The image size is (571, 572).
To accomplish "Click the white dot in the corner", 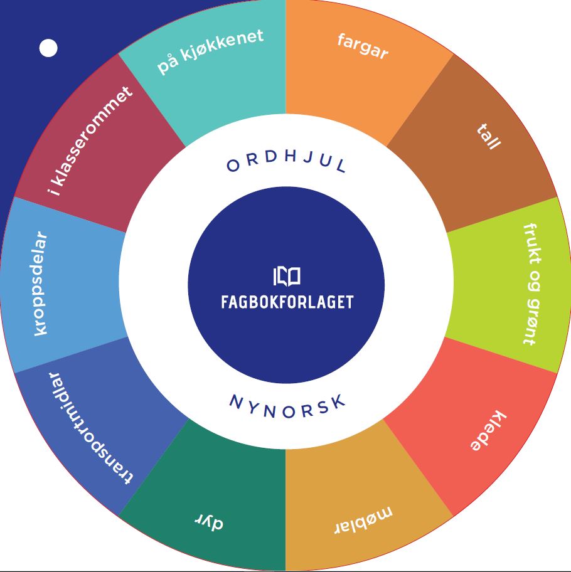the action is [48, 48].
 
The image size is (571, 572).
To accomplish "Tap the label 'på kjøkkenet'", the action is [210, 51].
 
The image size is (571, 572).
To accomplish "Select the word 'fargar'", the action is [363, 46].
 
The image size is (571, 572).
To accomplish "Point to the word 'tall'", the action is [489, 137].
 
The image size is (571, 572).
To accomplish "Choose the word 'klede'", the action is [488, 430].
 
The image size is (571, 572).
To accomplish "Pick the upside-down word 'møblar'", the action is [364, 520].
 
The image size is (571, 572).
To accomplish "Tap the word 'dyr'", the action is [209, 522].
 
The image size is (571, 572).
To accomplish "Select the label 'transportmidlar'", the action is [90, 428].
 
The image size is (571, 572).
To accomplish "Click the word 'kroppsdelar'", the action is [41, 283].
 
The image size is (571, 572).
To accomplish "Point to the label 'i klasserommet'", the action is [90, 141].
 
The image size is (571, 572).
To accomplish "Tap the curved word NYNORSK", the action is [287, 406].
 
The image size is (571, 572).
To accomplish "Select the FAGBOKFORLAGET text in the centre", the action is [287, 302].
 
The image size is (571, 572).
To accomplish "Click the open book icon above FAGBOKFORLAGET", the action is [287, 277].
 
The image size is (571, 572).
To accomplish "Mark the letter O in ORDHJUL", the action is [233, 166].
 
